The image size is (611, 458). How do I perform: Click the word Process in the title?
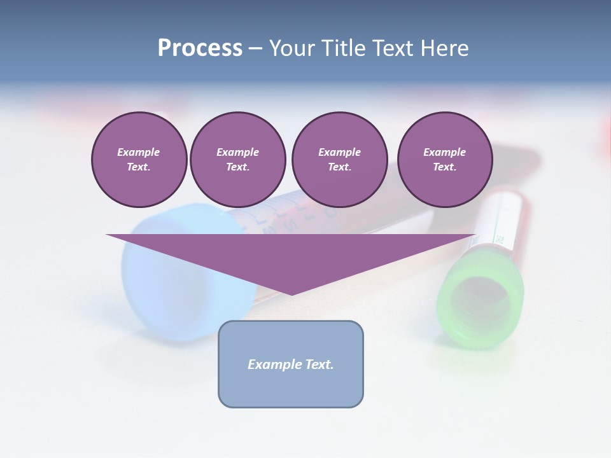point(200,48)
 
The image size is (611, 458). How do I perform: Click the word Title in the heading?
point(343,48)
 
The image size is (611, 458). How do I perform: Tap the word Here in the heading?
point(445,48)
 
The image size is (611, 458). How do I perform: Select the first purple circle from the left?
point(139,159)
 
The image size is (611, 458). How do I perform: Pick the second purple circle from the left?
point(238,159)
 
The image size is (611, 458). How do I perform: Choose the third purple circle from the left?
point(339,159)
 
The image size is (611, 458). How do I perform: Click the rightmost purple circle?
point(445,159)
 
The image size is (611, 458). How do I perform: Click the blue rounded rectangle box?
point(291,364)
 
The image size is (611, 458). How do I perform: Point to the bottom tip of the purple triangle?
point(292,294)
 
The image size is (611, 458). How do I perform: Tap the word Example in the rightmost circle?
point(444,152)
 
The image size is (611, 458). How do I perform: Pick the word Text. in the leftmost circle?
point(139,167)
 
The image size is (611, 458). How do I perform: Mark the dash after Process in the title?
point(255,49)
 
